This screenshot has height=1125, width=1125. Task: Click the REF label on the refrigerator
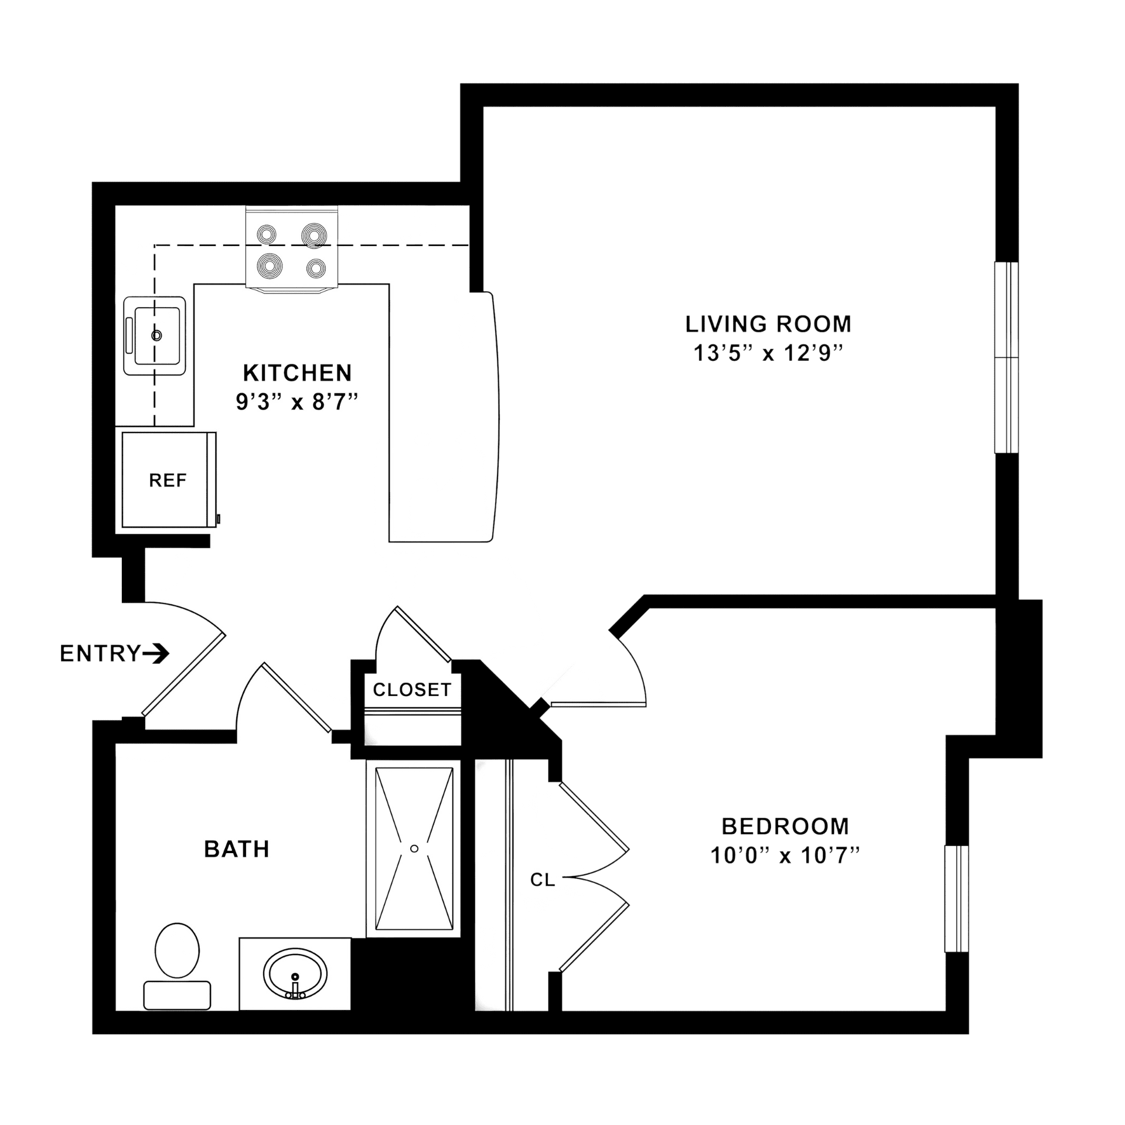[x=168, y=480]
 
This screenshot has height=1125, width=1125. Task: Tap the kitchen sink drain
[x=156, y=336]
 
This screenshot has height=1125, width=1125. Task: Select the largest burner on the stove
[x=315, y=236]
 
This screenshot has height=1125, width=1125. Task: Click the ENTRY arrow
[x=156, y=653]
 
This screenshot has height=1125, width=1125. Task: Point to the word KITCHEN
[x=297, y=373]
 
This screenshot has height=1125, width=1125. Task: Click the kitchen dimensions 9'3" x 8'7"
[x=297, y=402]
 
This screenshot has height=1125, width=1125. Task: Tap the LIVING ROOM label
[x=768, y=323]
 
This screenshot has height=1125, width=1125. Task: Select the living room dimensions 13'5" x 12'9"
[x=768, y=353]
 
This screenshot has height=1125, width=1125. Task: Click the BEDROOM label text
[x=785, y=826]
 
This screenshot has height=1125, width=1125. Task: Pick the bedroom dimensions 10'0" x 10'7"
[x=785, y=855]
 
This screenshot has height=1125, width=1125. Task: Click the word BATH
[x=237, y=849]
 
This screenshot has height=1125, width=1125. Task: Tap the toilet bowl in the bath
[x=177, y=950]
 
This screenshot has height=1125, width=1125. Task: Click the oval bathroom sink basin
[x=295, y=974]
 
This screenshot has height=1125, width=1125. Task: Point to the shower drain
[x=414, y=848]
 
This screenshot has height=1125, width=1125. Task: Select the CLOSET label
[x=412, y=690]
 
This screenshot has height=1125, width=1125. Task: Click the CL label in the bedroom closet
[x=543, y=879]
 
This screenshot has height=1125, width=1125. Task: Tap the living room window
[x=1007, y=357]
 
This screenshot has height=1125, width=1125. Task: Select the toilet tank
[x=177, y=995]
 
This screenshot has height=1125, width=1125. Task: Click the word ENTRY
[x=100, y=653]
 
